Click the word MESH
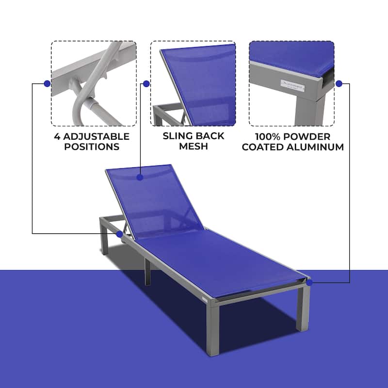click(194, 146)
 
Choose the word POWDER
click(310, 136)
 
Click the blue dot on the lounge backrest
click(140, 178)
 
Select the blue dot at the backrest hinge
click(119, 234)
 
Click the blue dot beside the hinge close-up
click(47, 83)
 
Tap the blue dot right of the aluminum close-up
click(339, 83)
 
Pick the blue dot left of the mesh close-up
click(146, 83)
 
